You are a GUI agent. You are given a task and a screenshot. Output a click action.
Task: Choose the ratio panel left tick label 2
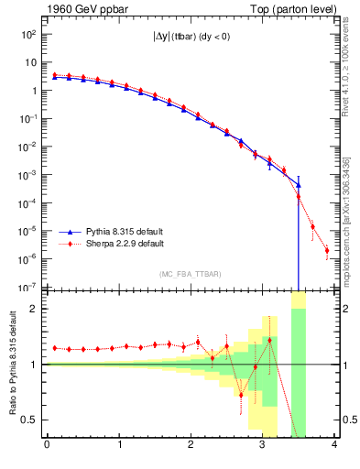[37, 309]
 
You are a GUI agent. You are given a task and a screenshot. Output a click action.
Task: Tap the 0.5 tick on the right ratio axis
[347, 420]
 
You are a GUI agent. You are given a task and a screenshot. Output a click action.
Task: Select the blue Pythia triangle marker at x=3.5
[298, 184]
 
